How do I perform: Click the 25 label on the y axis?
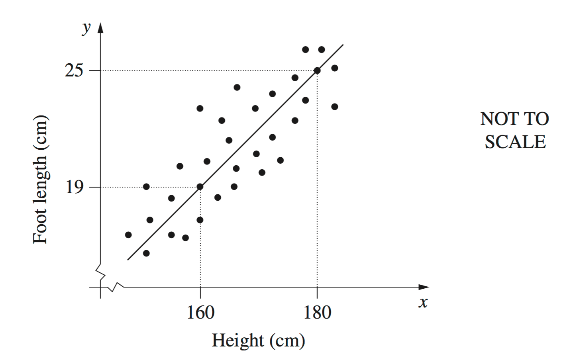coord(74,70)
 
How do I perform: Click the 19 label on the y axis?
coord(74,187)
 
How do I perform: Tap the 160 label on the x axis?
coord(200,312)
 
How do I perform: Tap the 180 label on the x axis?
coord(317,312)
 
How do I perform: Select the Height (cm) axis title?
coord(258,340)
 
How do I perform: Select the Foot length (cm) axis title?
coord(40,179)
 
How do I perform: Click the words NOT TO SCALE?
coord(515,130)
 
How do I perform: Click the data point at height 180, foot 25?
coord(317,70)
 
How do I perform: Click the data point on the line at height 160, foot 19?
coord(200,186)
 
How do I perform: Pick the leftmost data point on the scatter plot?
coord(128,235)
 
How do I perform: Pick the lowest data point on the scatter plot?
coord(146,253)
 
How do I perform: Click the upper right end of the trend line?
coord(343,45)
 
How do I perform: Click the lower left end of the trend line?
coord(128,260)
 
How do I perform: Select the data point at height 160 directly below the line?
coord(200,220)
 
